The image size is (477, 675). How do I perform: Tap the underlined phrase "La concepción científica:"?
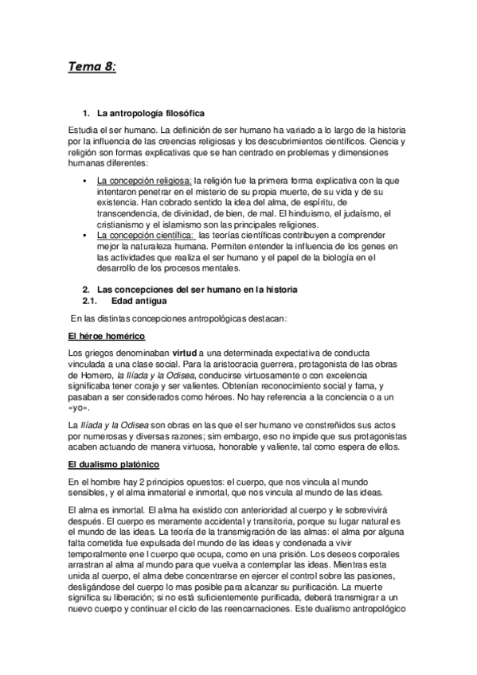click(145, 236)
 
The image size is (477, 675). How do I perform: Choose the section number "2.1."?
click(90, 301)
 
